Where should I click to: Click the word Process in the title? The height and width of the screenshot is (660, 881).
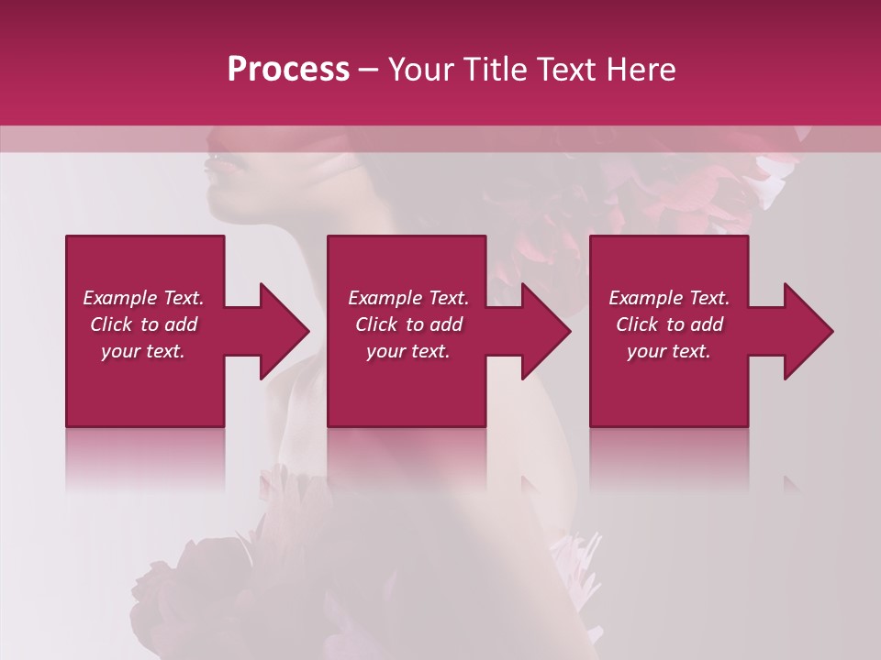[x=288, y=70]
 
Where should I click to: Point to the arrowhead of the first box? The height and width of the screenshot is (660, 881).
[x=284, y=331]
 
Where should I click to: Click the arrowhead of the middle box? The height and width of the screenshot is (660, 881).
[x=547, y=331]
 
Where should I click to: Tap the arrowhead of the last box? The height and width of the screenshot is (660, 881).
[x=809, y=331]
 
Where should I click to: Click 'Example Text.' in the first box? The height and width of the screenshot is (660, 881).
[x=143, y=298]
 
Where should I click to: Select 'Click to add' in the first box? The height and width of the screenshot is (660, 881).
[x=143, y=324]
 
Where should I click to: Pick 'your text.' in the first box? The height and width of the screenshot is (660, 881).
[x=143, y=351]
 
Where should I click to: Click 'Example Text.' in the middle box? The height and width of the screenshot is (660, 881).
[x=408, y=298]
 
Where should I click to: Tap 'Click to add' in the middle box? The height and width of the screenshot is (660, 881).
[x=408, y=324]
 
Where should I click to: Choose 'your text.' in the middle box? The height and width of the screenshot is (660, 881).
[x=408, y=351]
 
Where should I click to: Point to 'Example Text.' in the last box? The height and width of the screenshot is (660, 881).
[x=669, y=298]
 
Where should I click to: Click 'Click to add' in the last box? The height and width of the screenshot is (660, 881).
[x=669, y=324]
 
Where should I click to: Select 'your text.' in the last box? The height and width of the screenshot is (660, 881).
[x=669, y=351]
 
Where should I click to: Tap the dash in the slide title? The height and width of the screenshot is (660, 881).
[x=368, y=70]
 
